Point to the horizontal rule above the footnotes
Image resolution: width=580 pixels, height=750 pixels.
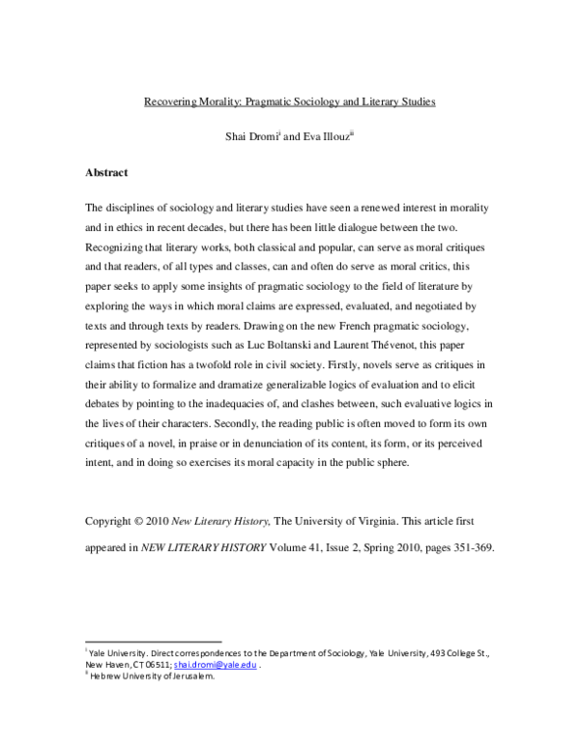154,642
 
